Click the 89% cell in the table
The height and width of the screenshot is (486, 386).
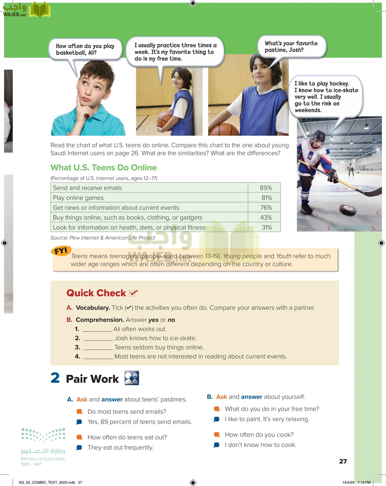pos(266,188)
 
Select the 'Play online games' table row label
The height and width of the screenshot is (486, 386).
pos(78,198)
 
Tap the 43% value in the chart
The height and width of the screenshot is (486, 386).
pos(266,217)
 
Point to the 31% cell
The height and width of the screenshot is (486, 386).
pos(267,227)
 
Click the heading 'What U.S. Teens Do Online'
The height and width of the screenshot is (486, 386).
pos(103,167)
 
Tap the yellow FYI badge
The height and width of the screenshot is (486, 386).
pos(61,251)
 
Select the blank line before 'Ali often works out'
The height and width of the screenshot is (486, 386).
pos(97,329)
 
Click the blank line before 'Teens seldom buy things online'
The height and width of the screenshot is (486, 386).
pos(98,348)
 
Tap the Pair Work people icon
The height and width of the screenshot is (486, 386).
pos(132,378)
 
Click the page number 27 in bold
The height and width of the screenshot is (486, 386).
pos(343,461)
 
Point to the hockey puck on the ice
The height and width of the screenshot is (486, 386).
pos(348,210)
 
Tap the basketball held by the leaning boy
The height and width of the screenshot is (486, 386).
pos(165,120)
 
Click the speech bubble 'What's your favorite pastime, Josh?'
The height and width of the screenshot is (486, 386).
pos(291,47)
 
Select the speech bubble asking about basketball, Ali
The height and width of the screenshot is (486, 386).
pos(85,49)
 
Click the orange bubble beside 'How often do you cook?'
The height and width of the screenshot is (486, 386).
pos(217,434)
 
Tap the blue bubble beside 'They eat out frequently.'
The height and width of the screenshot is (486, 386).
pos(79,448)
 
